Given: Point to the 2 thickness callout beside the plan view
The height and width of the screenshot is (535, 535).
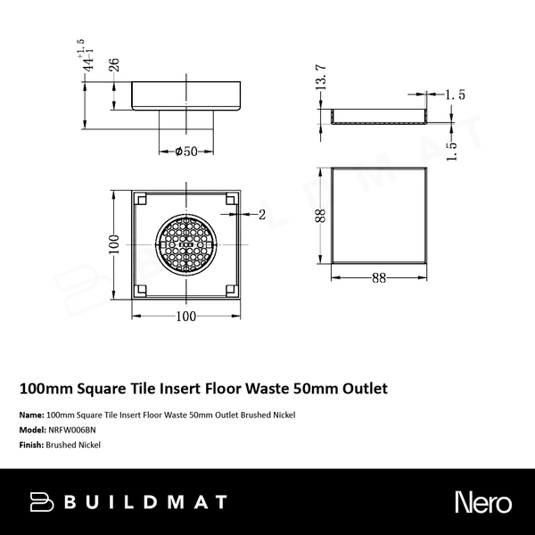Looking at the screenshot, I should pyautogui.click(x=261, y=214).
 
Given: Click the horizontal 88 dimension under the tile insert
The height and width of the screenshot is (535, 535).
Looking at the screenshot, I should pyautogui.click(x=379, y=277).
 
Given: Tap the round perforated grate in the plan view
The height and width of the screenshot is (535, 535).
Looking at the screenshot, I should pyautogui.click(x=185, y=243).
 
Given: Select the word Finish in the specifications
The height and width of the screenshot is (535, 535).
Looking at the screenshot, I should pyautogui.click(x=30, y=443).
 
